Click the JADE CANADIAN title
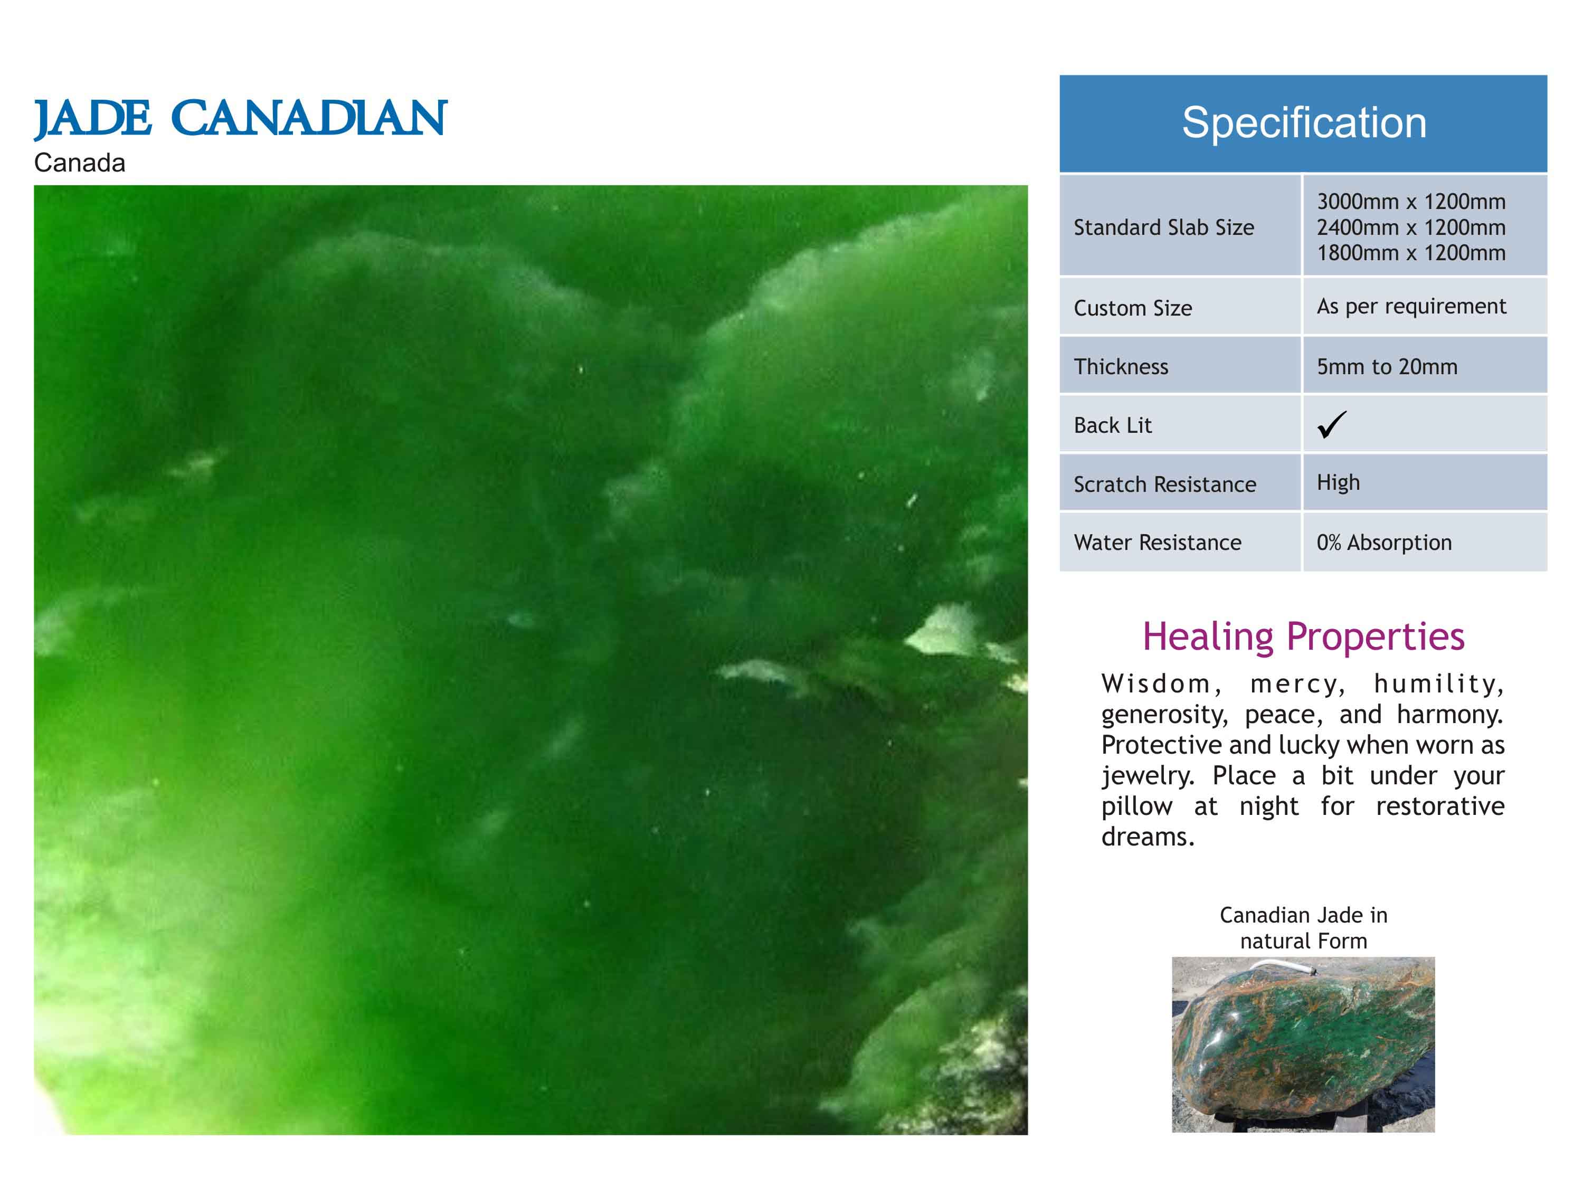point(241,119)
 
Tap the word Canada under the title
point(79,163)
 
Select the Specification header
point(1304,122)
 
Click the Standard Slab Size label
point(1164,227)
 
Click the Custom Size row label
point(1133,308)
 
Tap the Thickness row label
point(1121,367)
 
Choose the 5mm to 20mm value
point(1387,367)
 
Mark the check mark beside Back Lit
point(1332,424)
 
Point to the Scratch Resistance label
point(1165,485)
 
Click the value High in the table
point(1338,483)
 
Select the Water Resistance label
point(1157,543)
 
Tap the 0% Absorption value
point(1384,543)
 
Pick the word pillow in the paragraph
point(1136,807)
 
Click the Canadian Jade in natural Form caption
point(1303,928)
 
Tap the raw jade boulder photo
point(1303,1044)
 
